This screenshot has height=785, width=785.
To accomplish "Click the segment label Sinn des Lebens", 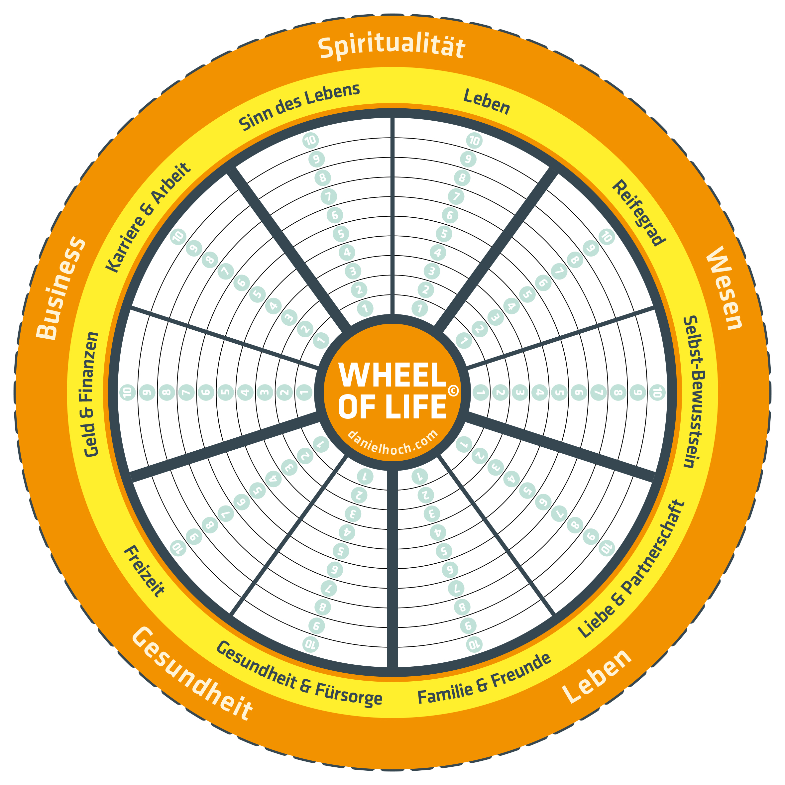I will coord(299,106).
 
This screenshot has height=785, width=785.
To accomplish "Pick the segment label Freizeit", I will coord(144,571).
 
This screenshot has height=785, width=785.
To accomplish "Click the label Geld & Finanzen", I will coord(92,394).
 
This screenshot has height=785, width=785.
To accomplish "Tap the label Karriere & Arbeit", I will coord(148,217).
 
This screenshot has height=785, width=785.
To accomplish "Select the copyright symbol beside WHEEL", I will coord(453,391).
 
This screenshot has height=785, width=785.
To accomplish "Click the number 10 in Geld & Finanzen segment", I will coord(128,393).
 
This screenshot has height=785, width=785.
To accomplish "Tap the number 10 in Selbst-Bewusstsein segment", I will coord(657,393).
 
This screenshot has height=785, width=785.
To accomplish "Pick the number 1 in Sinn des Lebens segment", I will coord(365,308).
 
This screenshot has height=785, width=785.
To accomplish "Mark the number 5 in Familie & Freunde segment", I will coord(444,551).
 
